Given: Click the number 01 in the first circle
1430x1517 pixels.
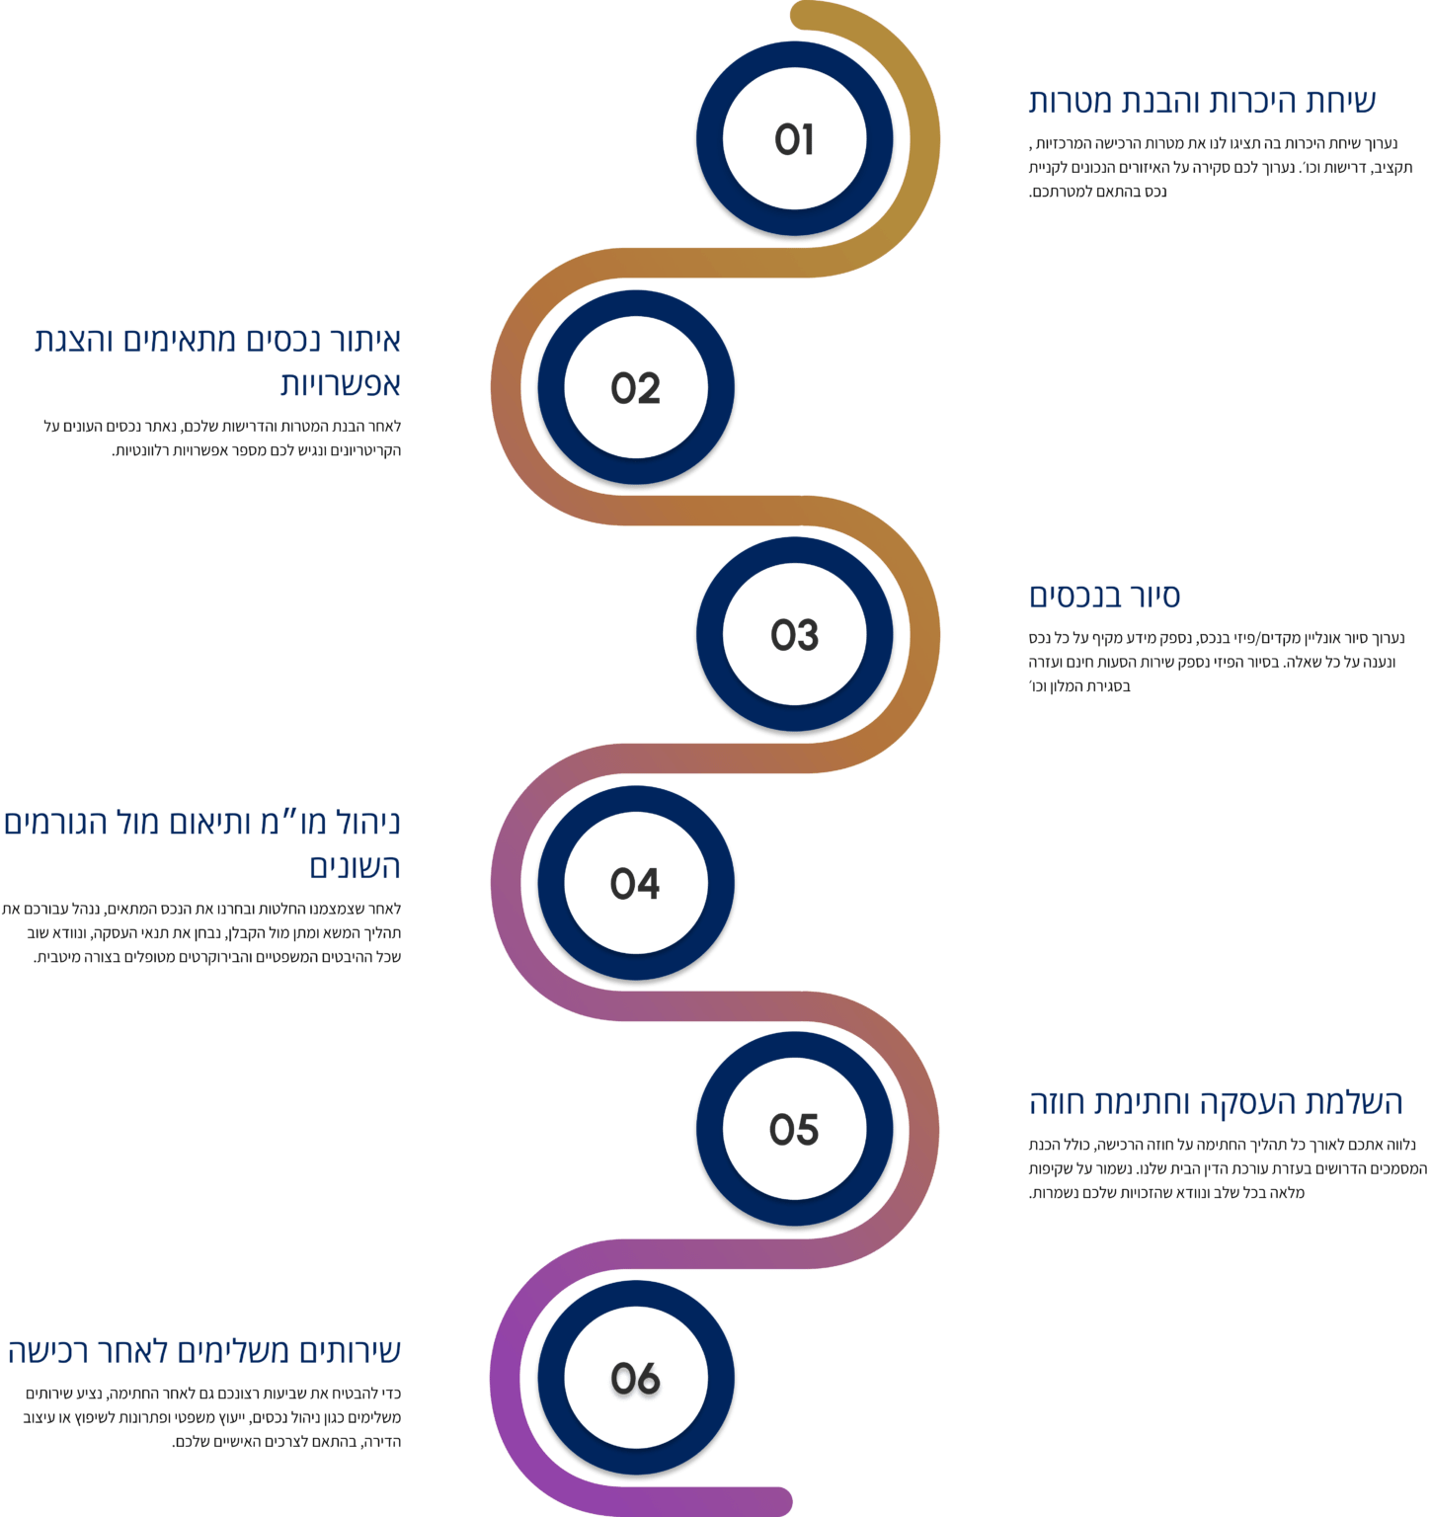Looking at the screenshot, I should click(794, 140).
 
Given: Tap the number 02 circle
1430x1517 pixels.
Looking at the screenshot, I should click(635, 388).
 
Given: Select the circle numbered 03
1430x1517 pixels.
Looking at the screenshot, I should click(794, 635).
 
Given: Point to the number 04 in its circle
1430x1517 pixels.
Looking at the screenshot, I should click(635, 883).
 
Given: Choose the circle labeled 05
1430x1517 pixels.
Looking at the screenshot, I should click(794, 1130).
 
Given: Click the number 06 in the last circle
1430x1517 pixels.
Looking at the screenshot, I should click(635, 1378).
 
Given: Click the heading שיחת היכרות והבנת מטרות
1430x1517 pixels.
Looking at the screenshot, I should click(1202, 101).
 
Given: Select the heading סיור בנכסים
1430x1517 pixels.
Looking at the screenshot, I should click(1104, 596).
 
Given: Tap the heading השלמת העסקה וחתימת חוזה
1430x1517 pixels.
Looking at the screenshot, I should click(1216, 1102).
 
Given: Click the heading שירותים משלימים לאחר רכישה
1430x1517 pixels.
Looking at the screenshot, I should click(204, 1350).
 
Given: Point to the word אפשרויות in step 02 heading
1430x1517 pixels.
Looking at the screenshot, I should click(340, 384).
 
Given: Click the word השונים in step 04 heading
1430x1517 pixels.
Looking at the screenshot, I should click(355, 866).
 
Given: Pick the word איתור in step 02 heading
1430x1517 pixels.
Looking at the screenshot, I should click(364, 340).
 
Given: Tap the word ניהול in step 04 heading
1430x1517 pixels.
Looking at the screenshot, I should click(366, 823).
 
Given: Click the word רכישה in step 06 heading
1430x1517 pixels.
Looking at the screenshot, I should click(45, 1350).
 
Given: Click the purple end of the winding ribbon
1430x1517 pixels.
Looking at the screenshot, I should click(775, 1500).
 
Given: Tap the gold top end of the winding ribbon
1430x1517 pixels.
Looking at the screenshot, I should click(806, 14).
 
